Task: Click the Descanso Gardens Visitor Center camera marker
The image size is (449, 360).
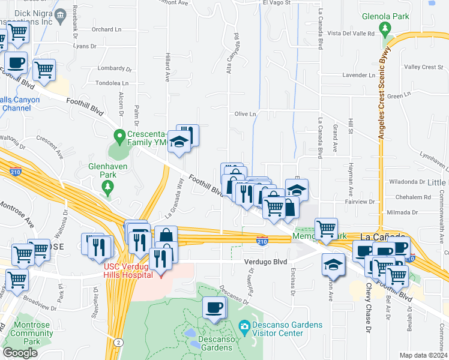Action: [x=244, y=327]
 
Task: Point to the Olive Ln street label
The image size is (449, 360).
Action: [x=245, y=113]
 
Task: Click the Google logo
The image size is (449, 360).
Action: [x=20, y=352]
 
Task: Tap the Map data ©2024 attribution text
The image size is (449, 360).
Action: [x=423, y=355]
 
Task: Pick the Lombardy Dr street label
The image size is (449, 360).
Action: [x=112, y=68]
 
